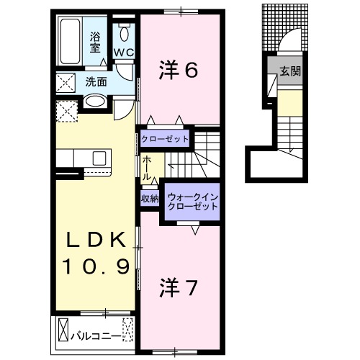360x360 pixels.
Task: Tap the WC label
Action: click(x=123, y=52)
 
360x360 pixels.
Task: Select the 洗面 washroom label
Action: click(x=96, y=81)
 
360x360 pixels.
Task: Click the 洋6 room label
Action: click(x=178, y=69)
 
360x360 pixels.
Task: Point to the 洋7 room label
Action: click(x=178, y=287)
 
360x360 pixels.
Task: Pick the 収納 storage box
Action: click(x=150, y=198)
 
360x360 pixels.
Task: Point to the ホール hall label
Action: click(x=147, y=168)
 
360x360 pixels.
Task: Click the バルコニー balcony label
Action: click(x=96, y=334)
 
